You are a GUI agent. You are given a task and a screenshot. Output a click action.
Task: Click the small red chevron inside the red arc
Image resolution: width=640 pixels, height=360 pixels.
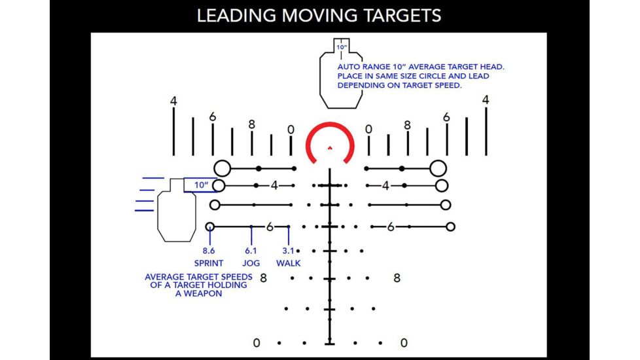tap(330, 147)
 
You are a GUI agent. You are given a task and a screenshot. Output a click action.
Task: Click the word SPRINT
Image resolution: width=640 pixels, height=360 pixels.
tap(209, 263)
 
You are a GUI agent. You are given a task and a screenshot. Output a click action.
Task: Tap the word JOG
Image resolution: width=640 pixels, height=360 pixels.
tap(252, 263)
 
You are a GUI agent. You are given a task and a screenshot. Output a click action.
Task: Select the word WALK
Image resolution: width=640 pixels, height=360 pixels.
tap(289, 263)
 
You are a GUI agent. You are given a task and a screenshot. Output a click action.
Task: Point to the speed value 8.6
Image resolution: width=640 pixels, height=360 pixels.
tap(209, 251)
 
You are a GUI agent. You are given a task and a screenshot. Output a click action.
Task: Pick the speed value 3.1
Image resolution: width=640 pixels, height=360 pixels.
tap(289, 251)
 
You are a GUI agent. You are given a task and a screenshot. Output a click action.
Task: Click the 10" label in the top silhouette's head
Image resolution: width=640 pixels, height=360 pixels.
tap(342, 48)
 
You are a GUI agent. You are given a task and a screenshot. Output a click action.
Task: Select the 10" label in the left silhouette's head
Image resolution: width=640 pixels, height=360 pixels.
tap(201, 185)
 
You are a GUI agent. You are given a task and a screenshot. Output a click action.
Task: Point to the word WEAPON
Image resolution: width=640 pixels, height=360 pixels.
tap(198, 294)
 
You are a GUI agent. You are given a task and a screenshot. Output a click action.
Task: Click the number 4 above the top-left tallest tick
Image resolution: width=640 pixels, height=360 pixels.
tap(173, 101)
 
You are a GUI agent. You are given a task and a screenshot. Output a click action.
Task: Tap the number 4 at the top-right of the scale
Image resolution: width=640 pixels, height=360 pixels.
tap(485, 100)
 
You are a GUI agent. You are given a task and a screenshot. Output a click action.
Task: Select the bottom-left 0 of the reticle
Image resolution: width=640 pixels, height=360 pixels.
tap(257, 342)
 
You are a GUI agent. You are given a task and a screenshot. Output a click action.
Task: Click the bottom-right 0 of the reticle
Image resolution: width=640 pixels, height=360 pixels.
tap(404, 342)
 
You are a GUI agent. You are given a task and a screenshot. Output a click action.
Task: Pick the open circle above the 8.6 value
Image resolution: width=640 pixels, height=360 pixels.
tap(209, 226)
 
